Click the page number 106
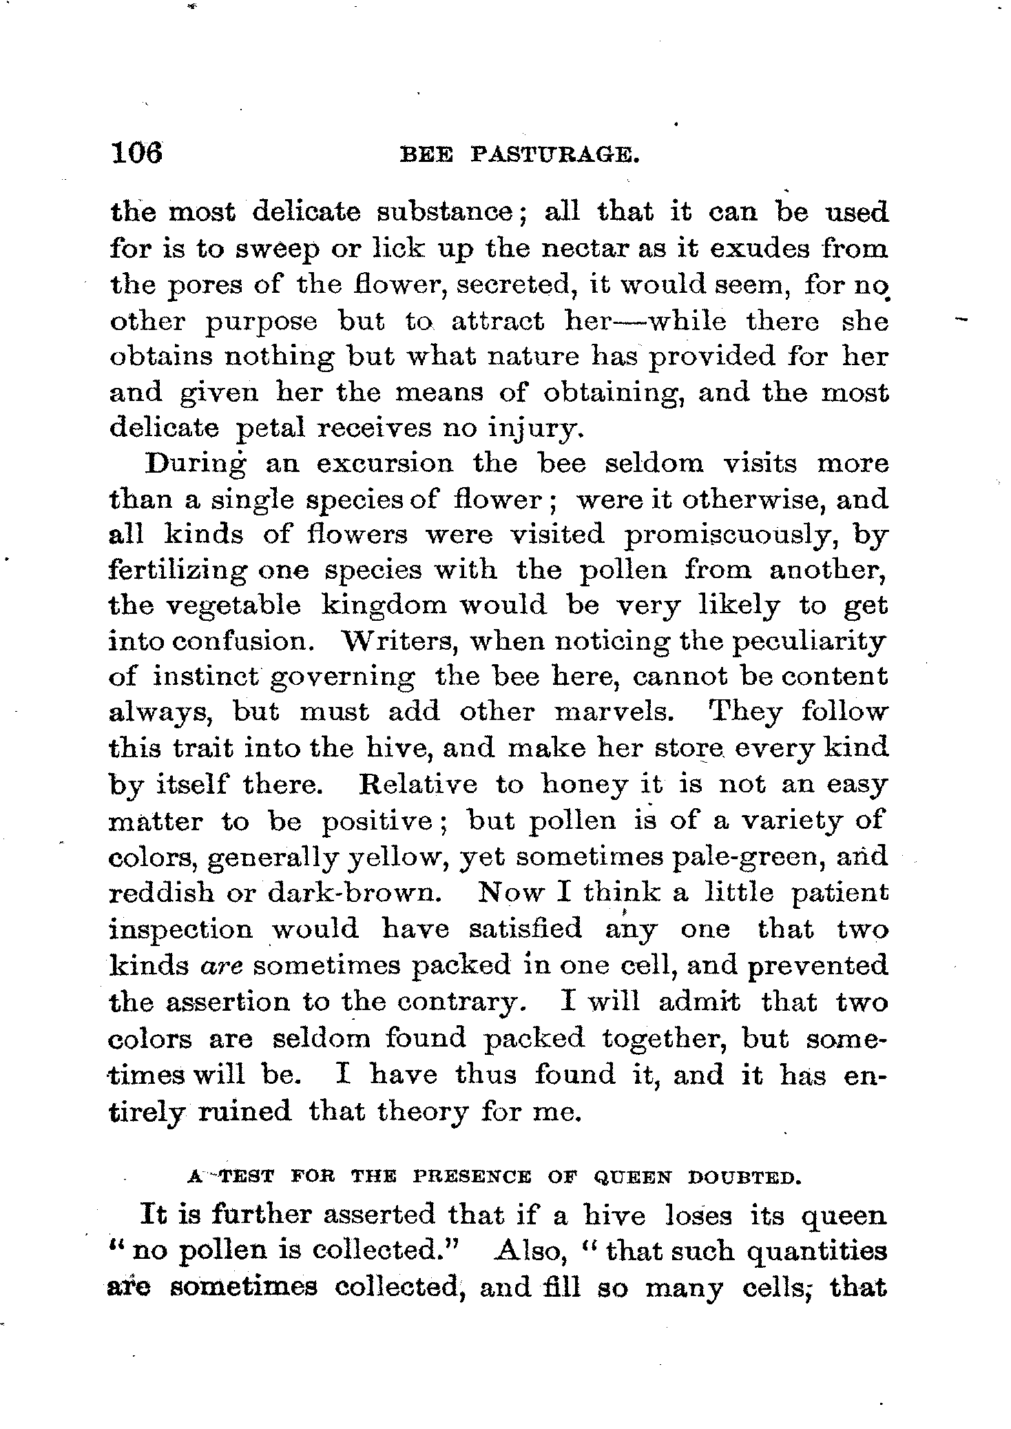pyautogui.click(x=136, y=152)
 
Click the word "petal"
pyautogui.click(x=270, y=429)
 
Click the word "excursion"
pyautogui.click(x=384, y=463)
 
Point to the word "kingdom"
pyautogui.click(x=381, y=606)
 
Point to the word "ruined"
pyautogui.click(x=244, y=1111)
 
